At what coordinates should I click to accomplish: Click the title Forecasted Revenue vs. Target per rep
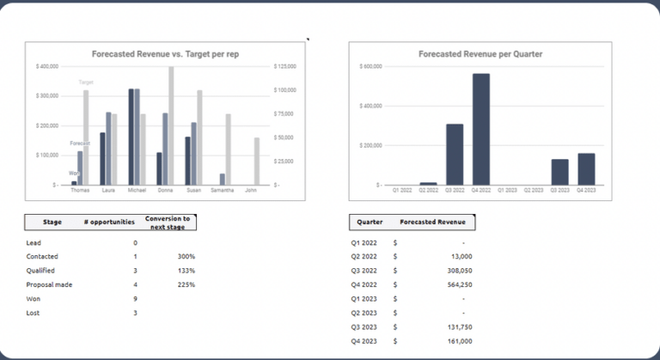pyautogui.click(x=165, y=53)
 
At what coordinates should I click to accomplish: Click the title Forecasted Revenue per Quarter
pyautogui.click(x=480, y=53)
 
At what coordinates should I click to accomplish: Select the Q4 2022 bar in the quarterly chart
pyautogui.click(x=480, y=129)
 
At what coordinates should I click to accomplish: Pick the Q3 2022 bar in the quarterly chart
pyautogui.click(x=455, y=155)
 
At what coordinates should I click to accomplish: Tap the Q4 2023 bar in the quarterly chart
pyautogui.click(x=586, y=169)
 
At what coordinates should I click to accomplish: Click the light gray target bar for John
pyautogui.click(x=256, y=161)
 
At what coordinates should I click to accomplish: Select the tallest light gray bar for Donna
pyautogui.click(x=171, y=125)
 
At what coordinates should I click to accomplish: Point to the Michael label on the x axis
pyautogui.click(x=137, y=191)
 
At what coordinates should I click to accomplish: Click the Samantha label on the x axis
pyautogui.click(x=223, y=191)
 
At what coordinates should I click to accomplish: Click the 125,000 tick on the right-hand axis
pyautogui.click(x=284, y=66)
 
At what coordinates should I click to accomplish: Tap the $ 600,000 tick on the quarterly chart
pyautogui.click(x=370, y=66)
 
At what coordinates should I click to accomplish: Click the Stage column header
pyautogui.click(x=52, y=223)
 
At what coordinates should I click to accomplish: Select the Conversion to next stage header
pyautogui.click(x=168, y=223)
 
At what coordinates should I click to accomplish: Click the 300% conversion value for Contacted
pyautogui.click(x=186, y=257)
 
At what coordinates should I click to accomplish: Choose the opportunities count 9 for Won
pyautogui.click(x=135, y=298)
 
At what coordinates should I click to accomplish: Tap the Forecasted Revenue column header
pyautogui.click(x=432, y=223)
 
